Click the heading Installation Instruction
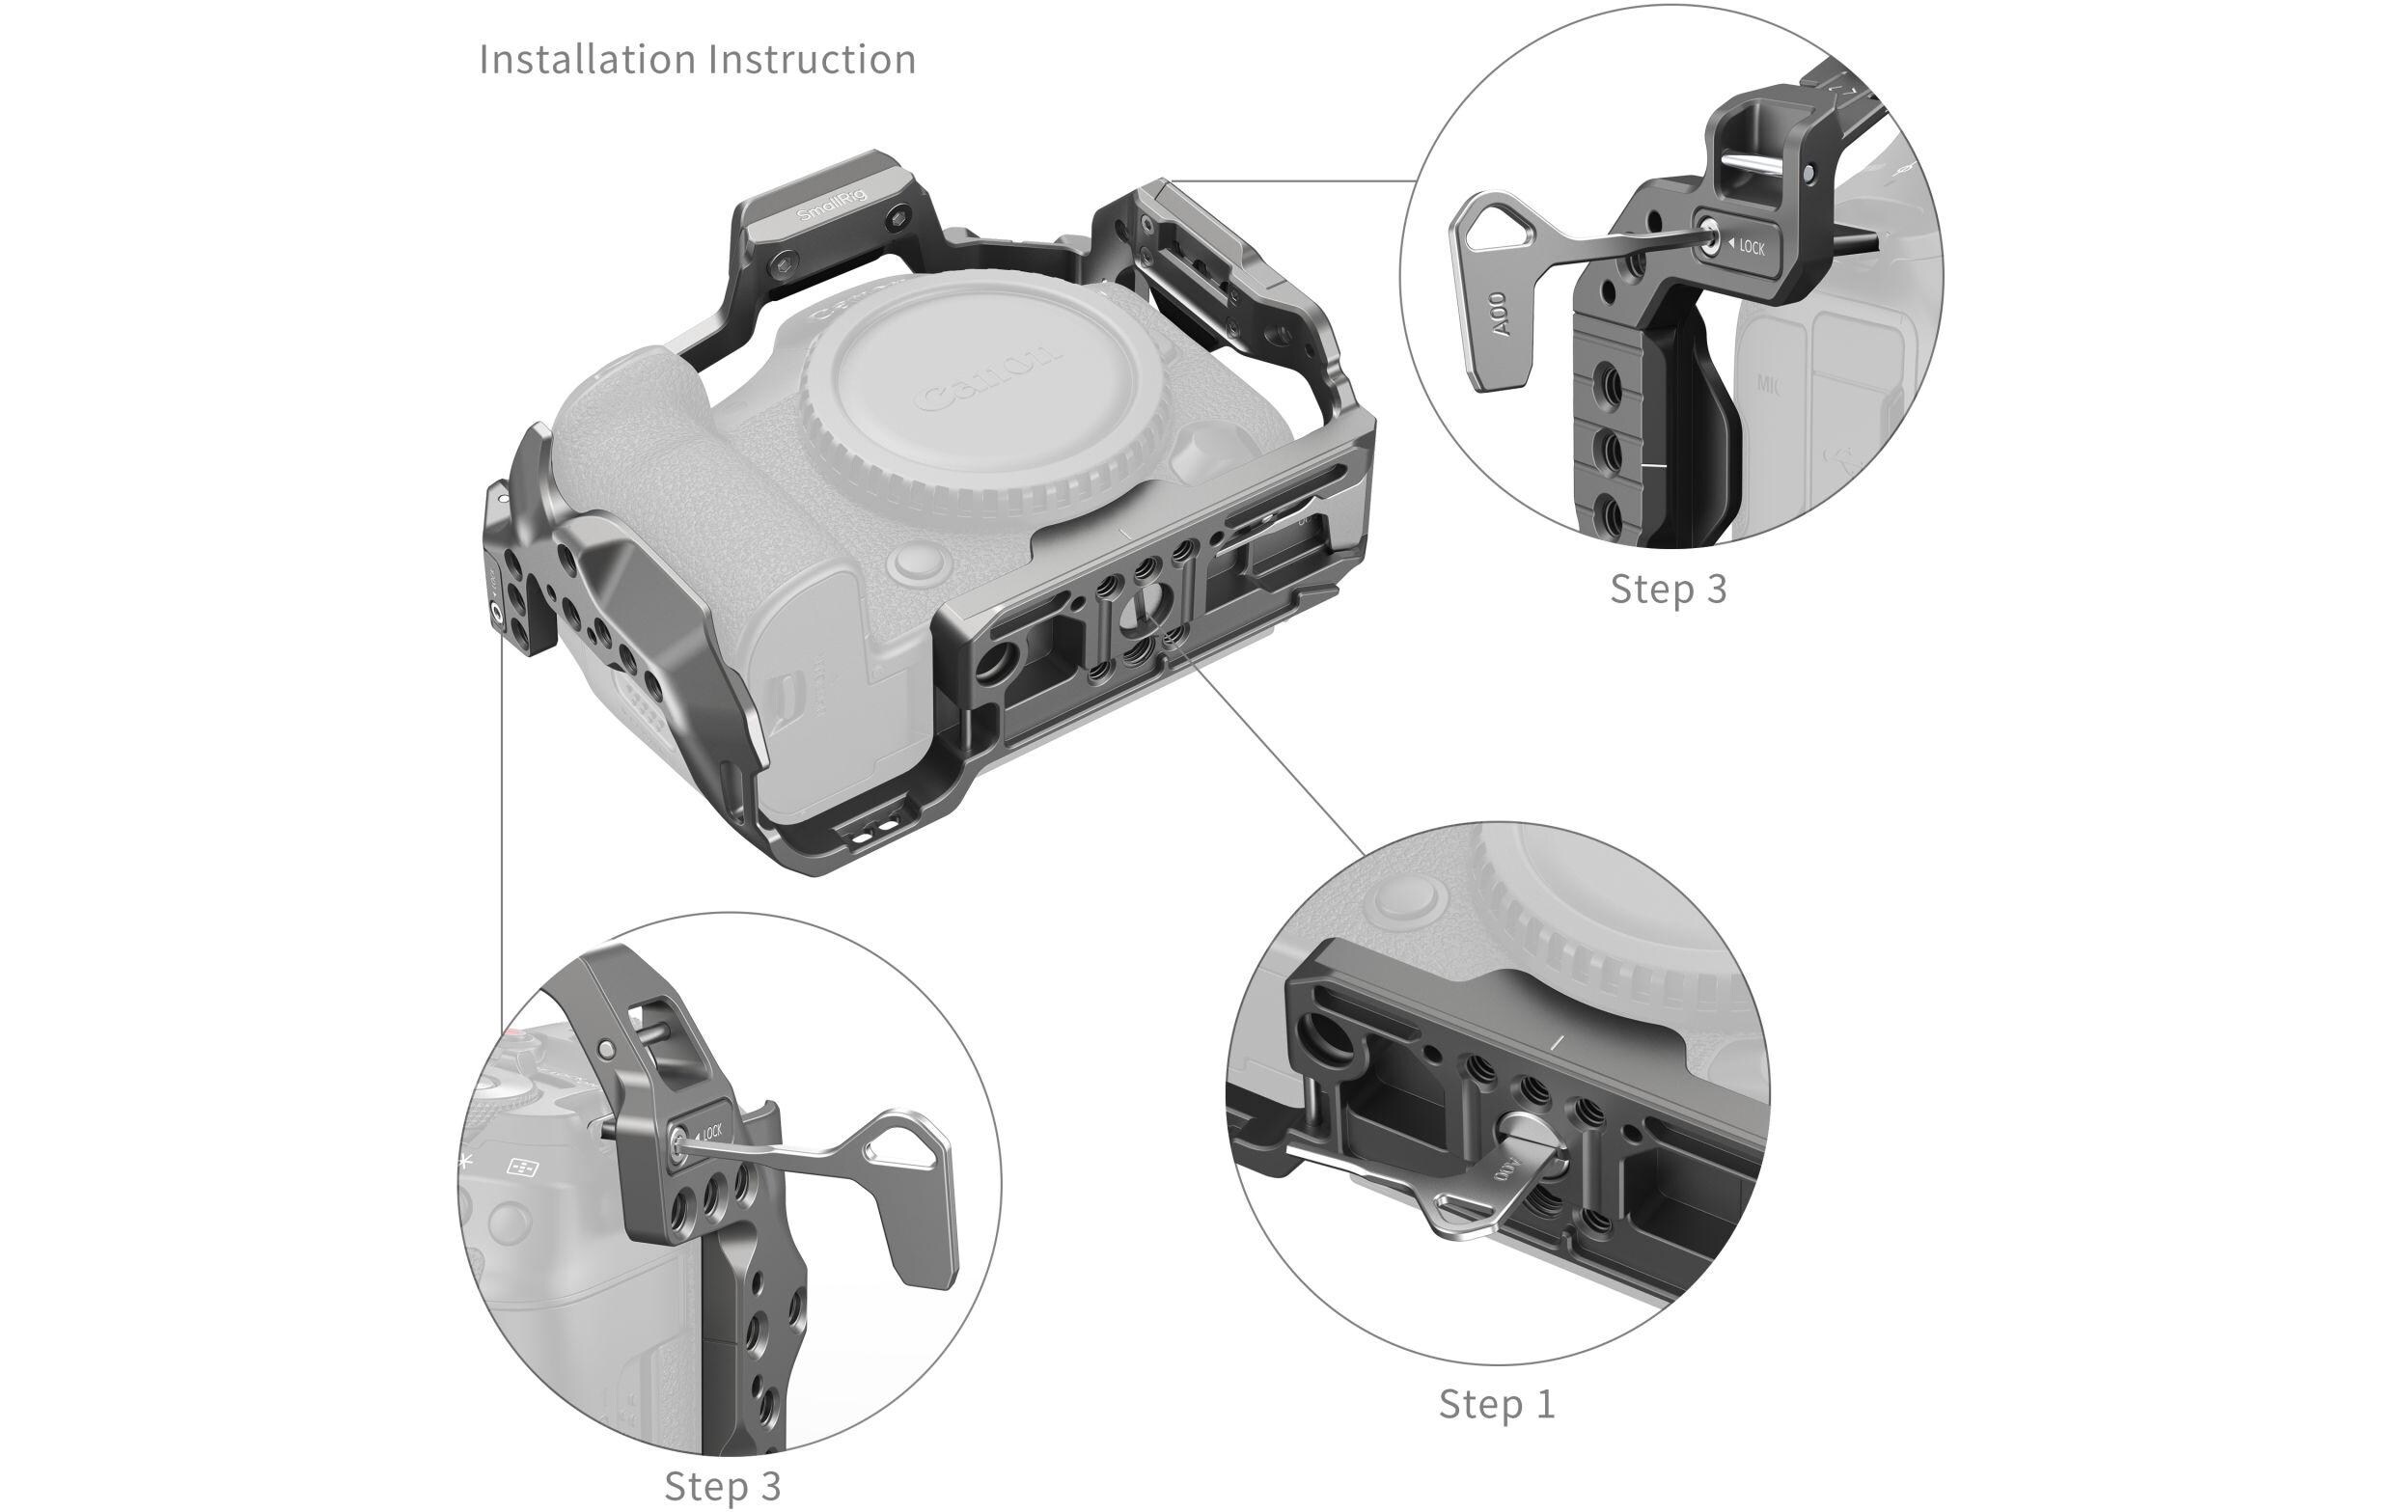pyautogui.click(x=698, y=60)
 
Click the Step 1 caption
pyautogui.click(x=1496, y=1404)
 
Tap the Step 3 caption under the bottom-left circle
pyautogui.click(x=722, y=1486)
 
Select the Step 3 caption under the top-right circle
pyautogui.click(x=1668, y=590)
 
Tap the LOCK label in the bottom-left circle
pyautogui.click(x=710, y=1132)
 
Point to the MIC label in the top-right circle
pyautogui.click(x=1768, y=383)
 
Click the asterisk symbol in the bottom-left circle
pyautogui.click(x=465, y=1160)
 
